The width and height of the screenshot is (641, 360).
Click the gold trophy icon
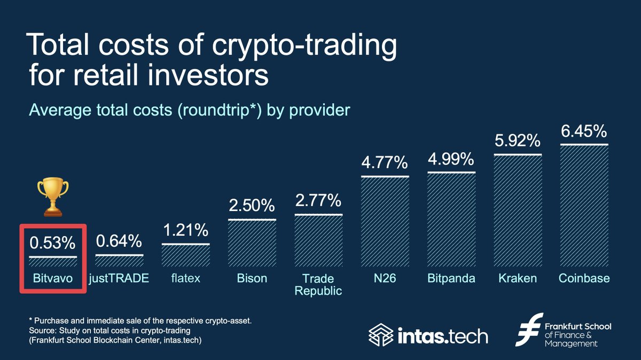click(52, 198)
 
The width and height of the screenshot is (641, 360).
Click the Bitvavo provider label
click(52, 279)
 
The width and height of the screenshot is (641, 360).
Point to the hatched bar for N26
click(385, 222)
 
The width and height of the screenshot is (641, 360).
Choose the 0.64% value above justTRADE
click(119, 241)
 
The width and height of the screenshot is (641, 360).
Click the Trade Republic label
click(318, 284)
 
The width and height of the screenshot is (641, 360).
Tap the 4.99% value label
click(451, 159)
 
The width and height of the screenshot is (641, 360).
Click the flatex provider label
click(185, 279)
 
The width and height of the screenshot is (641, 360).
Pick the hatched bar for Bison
click(252, 244)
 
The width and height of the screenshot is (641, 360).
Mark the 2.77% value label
click(318, 201)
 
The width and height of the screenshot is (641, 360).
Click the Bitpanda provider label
click(451, 279)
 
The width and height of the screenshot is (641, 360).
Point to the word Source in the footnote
click(42, 329)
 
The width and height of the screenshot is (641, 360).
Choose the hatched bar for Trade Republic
click(318, 241)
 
